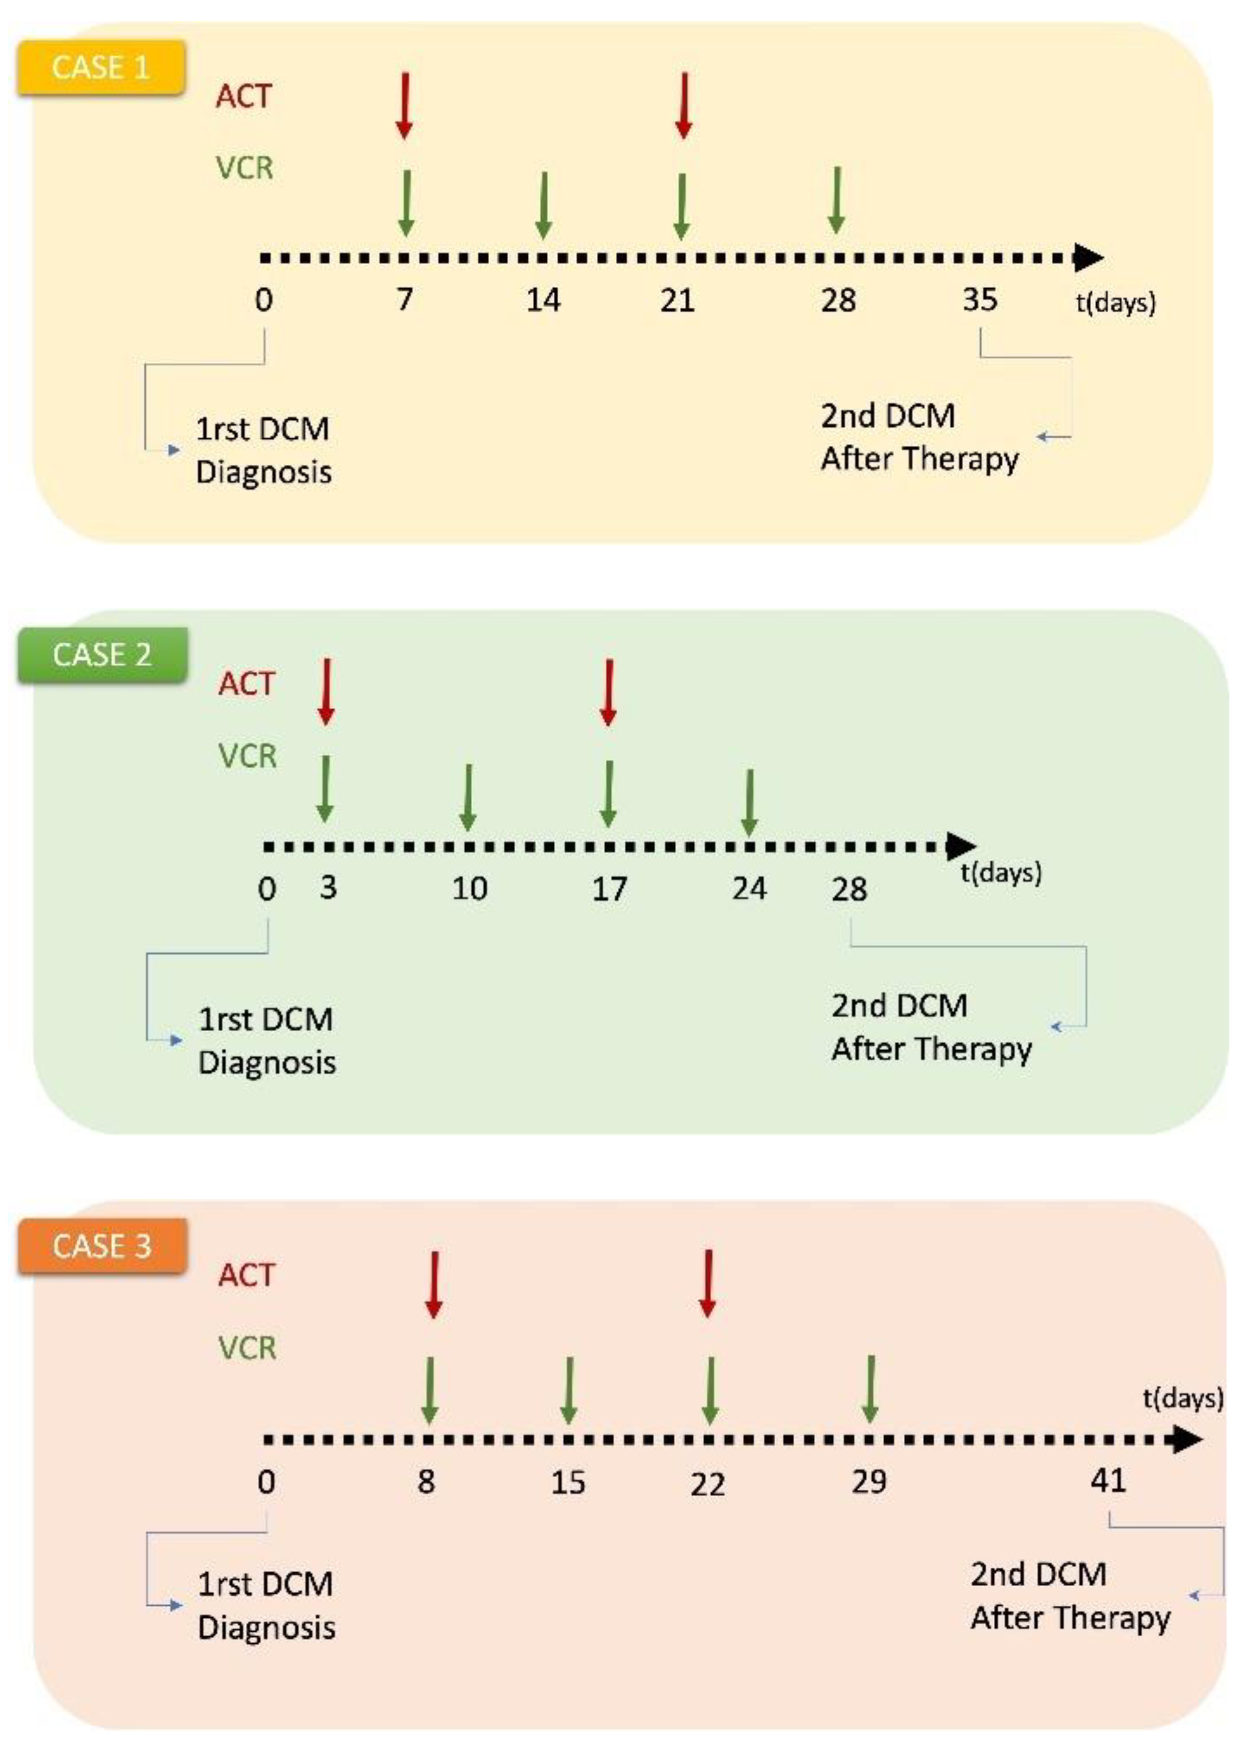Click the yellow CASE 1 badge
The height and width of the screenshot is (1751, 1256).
[x=100, y=68]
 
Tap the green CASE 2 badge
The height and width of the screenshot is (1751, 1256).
[x=102, y=655]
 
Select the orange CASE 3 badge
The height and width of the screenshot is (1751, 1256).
[x=102, y=1246]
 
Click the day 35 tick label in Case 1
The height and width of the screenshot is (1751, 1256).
[x=979, y=299]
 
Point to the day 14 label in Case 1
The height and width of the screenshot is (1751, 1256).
[x=544, y=299]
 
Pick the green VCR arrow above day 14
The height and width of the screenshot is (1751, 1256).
[x=544, y=204]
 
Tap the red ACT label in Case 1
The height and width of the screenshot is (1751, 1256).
[x=244, y=96]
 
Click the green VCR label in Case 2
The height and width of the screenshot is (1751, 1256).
[x=247, y=756]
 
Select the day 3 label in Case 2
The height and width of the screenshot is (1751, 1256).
[x=328, y=888]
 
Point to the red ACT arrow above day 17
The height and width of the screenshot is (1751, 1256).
[x=608, y=692]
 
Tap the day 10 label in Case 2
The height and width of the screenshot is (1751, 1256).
[x=469, y=889]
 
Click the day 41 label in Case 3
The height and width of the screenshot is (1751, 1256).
[x=1108, y=1480]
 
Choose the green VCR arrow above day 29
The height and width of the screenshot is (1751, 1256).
[x=870, y=1389]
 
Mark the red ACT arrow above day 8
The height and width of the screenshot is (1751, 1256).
[x=433, y=1284]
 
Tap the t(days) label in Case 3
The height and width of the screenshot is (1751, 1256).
[x=1182, y=1398]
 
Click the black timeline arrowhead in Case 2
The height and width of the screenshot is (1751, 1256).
[x=961, y=846]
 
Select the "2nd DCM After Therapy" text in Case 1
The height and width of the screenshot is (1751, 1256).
[x=919, y=438]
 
